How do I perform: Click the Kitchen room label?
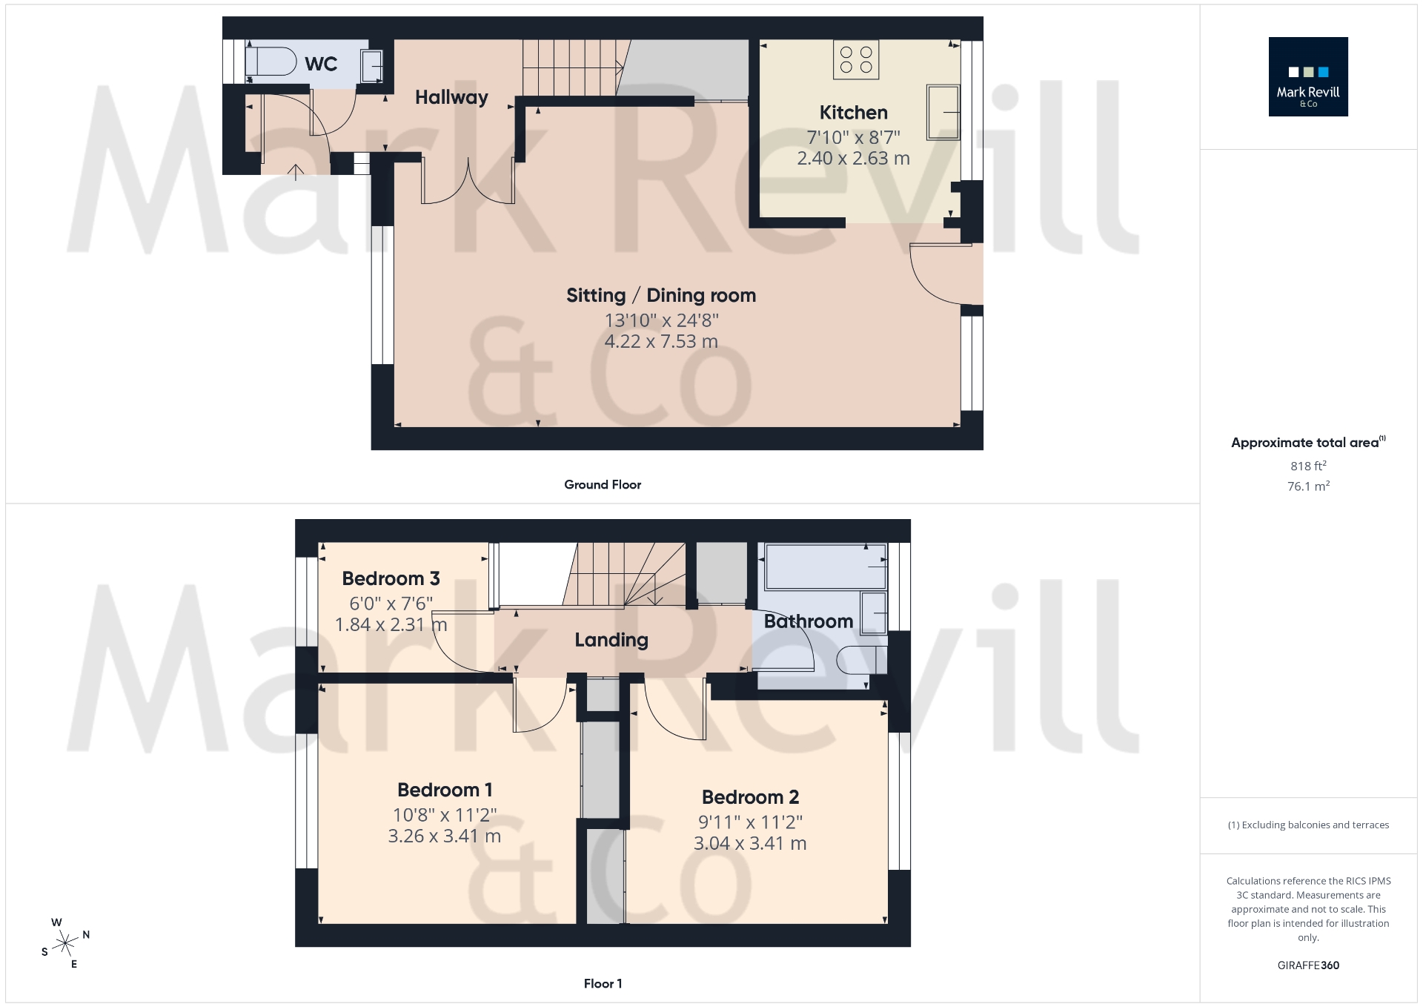[853, 113]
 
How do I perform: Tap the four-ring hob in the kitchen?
[856, 59]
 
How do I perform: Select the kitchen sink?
[943, 113]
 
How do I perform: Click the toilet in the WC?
[271, 61]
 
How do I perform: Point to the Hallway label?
[451, 97]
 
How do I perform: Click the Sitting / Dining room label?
[661, 295]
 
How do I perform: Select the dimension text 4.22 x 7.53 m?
[661, 342]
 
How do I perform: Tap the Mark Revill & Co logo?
[1308, 77]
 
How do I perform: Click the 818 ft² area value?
[1308, 466]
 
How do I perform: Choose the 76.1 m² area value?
[1308, 486]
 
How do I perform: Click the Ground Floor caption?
[603, 484]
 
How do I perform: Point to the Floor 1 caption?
[603, 983]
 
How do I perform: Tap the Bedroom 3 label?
[391, 578]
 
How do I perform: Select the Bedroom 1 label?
[445, 790]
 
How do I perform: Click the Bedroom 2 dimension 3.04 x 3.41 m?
[750, 843]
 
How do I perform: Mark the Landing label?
[611, 640]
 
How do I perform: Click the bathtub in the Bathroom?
[825, 567]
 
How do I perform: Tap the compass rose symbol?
[65, 943]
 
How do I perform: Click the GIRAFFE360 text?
[1308, 965]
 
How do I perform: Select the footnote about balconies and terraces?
[1308, 825]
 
